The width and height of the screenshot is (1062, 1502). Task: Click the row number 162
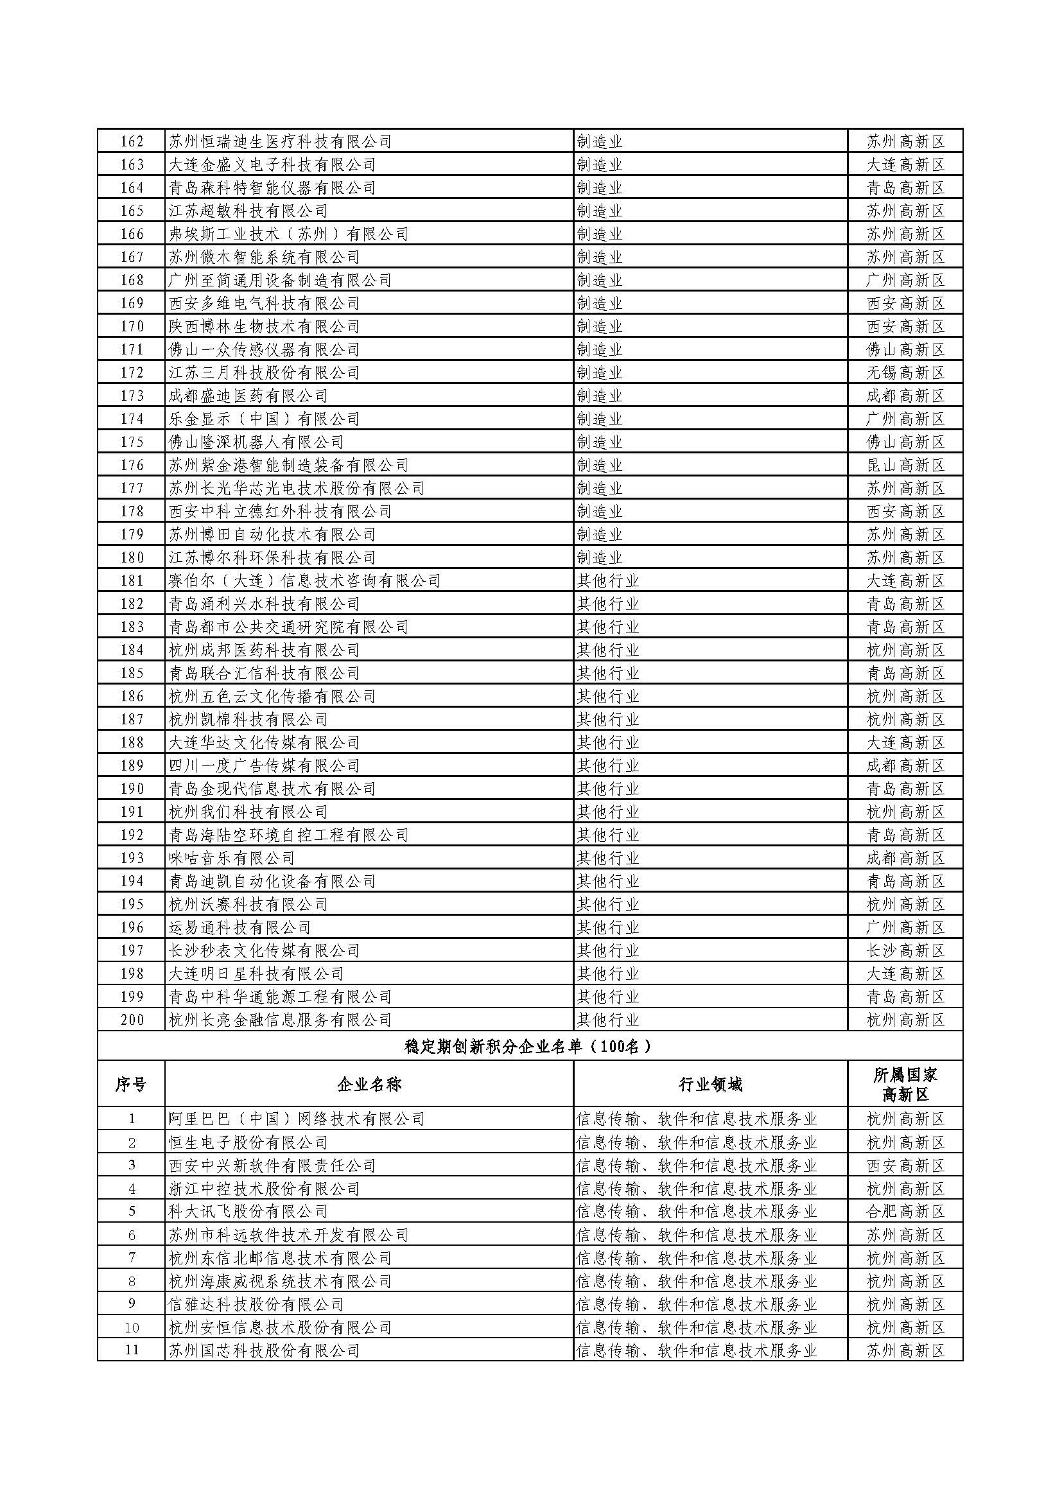point(132,141)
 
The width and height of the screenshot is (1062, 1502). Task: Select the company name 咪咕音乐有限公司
point(232,858)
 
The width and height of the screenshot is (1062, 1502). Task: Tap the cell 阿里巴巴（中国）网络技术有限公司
point(296,1119)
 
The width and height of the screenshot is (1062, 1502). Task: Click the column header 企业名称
point(369,1085)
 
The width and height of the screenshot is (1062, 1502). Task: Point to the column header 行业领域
point(710,1085)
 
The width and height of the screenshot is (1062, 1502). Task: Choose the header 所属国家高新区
point(905,1085)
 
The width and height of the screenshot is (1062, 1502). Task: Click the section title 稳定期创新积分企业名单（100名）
point(530,1047)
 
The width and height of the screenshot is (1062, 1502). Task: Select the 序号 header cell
point(131,1085)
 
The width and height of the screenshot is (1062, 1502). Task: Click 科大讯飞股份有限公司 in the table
point(248,1211)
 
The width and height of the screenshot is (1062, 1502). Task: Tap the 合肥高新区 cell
point(906,1211)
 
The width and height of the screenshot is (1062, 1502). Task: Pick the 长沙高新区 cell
point(906,950)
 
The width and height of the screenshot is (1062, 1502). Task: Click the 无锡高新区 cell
point(906,373)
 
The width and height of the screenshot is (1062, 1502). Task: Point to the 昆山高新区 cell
point(906,465)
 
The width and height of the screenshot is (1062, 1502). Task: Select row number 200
point(132,1019)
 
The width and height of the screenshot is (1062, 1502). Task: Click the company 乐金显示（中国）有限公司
point(263,419)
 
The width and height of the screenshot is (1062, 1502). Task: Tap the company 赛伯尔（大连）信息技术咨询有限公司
point(304,581)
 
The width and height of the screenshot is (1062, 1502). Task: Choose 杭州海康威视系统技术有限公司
point(280,1280)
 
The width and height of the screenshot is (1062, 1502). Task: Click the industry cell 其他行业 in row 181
point(607,581)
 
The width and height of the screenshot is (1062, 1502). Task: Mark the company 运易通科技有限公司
point(239,927)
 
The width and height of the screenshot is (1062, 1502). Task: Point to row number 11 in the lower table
point(132,1350)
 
